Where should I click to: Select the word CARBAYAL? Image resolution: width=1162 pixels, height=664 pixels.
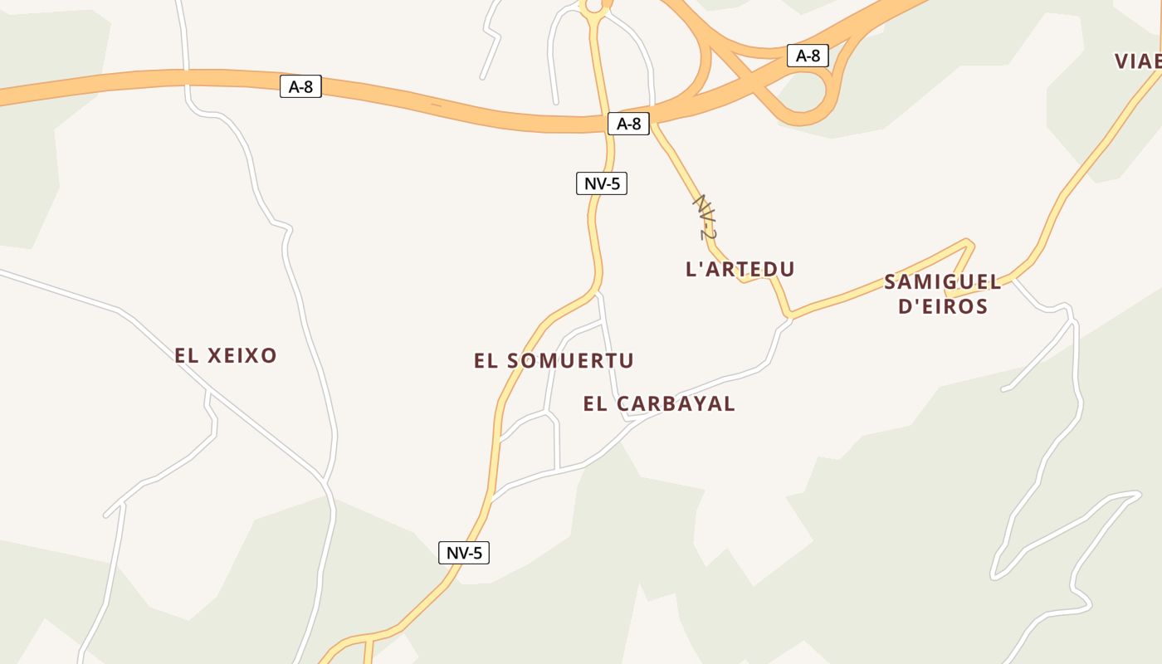click(677, 404)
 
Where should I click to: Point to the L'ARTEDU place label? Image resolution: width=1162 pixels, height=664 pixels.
click(740, 269)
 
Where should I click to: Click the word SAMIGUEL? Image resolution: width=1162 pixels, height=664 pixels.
click(943, 282)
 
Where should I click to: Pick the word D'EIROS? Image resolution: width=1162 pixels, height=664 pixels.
click(944, 307)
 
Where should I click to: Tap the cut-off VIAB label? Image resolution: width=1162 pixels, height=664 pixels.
click(1138, 61)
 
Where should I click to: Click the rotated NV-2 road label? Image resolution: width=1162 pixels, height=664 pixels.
click(705, 217)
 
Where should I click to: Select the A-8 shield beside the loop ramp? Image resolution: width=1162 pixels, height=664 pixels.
click(808, 56)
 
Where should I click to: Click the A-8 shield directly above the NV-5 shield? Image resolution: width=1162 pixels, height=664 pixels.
click(628, 124)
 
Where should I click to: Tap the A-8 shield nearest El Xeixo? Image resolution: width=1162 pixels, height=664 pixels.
click(300, 86)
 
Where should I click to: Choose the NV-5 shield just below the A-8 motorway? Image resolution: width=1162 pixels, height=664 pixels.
click(601, 183)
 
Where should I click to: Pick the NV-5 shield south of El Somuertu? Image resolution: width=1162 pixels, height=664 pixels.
click(463, 553)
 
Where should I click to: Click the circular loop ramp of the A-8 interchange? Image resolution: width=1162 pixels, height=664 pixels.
click(803, 95)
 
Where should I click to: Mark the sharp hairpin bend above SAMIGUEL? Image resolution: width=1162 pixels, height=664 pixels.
click(968, 243)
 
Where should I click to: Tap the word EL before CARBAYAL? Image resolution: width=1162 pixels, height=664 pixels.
click(595, 404)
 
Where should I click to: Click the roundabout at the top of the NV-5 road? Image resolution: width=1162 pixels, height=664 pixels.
click(594, 7)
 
